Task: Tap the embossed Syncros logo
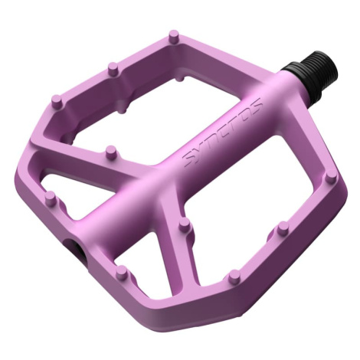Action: (x=221, y=133)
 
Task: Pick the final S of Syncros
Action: (x=255, y=105)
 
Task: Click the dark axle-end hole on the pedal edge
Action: (x=76, y=247)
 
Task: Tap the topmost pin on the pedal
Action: (x=175, y=36)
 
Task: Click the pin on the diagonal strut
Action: (x=111, y=152)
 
